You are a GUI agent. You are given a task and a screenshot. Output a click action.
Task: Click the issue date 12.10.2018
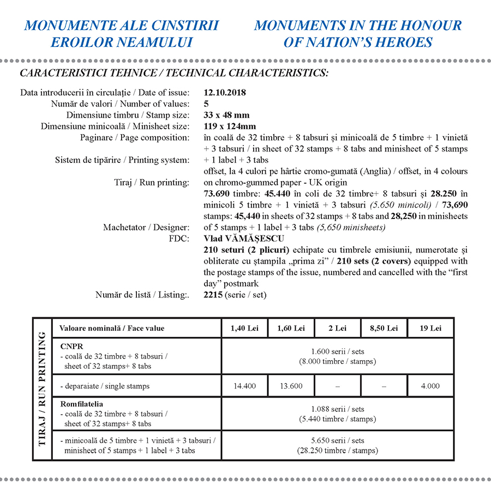tap(224, 93)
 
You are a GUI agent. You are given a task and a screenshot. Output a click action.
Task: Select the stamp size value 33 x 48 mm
tap(226, 115)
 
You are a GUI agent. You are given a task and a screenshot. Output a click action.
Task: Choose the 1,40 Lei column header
tap(245, 328)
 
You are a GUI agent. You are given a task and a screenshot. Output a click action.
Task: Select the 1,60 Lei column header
tap(291, 328)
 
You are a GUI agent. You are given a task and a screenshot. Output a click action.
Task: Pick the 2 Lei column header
tap(337, 328)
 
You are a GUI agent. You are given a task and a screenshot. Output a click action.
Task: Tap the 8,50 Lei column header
tap(384, 328)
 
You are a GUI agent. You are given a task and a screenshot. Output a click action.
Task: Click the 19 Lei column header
tap(430, 328)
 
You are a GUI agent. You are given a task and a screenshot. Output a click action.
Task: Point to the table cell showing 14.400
tap(245, 386)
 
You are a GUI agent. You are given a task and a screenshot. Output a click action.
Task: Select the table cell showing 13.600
tap(291, 386)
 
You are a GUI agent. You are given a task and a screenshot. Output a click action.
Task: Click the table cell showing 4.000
tap(430, 386)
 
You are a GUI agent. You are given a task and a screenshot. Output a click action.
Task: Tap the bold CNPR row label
tap(70, 346)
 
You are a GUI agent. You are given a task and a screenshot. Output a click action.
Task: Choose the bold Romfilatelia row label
tap(82, 404)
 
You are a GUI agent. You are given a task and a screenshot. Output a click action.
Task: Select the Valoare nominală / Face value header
tap(112, 328)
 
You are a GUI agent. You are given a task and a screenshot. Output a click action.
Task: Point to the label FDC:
tap(179, 239)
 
